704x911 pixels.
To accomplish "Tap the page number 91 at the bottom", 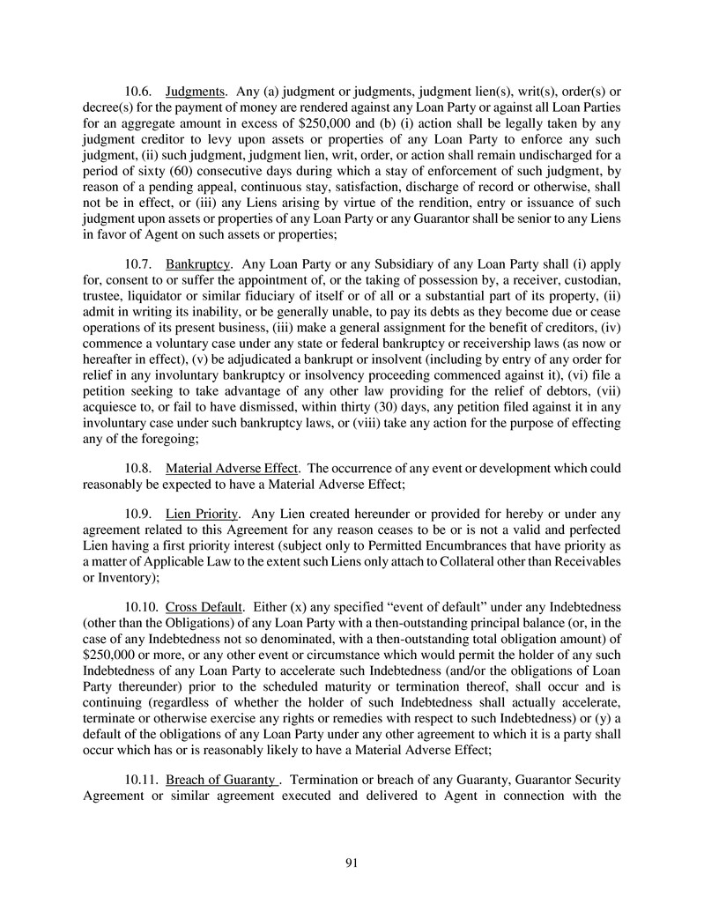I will (352, 863).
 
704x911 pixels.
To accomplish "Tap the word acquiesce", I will (114, 407).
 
